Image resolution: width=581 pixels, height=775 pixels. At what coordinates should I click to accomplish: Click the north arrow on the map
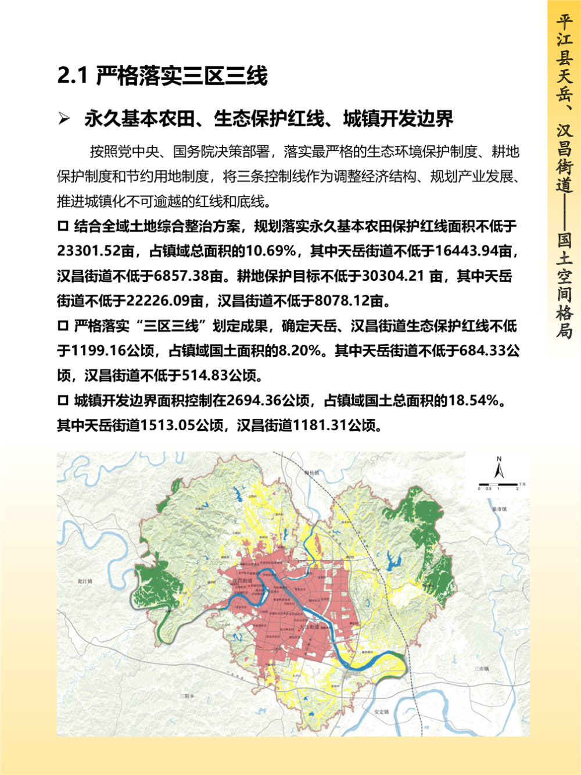click(498, 468)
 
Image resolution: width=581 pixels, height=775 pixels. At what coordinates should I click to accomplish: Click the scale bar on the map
click(497, 484)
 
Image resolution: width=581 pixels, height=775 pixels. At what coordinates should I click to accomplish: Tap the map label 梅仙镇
click(312, 473)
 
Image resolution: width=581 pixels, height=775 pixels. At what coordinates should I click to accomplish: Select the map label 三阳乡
click(186, 696)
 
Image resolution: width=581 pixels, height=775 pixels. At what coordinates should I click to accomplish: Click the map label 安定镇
click(381, 712)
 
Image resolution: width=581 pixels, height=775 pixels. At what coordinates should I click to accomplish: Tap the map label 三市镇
click(480, 669)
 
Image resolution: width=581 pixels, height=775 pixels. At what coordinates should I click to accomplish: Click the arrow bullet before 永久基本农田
click(64, 119)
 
